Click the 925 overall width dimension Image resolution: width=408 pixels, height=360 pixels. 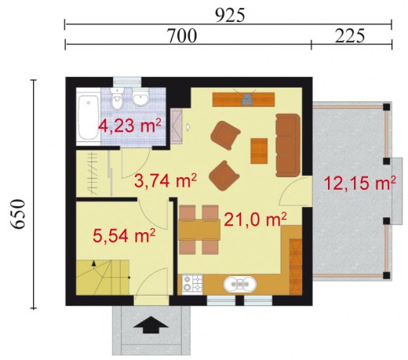coord(230,15)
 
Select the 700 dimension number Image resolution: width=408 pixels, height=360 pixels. coord(182,36)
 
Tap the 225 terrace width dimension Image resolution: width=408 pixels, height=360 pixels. coord(350,36)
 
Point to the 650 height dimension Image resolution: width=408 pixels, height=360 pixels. coord(18,214)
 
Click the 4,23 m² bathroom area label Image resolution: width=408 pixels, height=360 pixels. coord(129,125)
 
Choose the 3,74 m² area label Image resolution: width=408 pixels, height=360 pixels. coord(166,181)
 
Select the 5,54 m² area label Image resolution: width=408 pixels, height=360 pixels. coord(124,235)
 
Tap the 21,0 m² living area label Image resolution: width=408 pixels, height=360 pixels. coord(255,219)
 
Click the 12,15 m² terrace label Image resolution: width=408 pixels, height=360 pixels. coord(359,183)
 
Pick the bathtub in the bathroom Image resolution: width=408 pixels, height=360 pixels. coord(89,118)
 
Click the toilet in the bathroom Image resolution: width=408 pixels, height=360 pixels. coord(117,99)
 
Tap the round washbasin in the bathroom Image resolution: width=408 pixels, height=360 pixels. coord(140,97)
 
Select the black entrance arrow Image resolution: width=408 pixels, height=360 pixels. coord(151,325)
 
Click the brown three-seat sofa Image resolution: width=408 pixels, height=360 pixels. coord(288,145)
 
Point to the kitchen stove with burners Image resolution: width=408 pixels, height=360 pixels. coord(192,284)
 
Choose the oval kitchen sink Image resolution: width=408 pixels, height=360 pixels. coord(240,284)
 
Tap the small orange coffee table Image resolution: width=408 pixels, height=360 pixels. coord(259,151)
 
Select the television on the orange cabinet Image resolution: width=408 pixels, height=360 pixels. coord(247,100)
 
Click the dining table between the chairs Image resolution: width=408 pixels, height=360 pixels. coord(199,230)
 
